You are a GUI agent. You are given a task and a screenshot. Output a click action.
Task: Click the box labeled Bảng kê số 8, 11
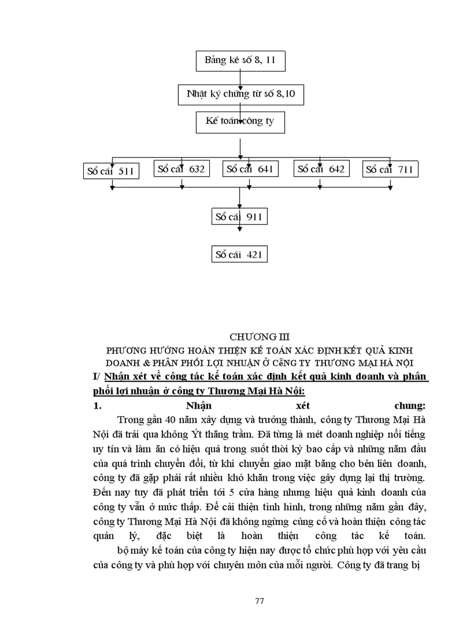[240, 60]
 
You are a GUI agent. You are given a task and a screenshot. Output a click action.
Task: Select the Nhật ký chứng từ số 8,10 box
[240, 93]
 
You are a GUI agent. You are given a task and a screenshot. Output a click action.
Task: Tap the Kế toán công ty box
[240, 121]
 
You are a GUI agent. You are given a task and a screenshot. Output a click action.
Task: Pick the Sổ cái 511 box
[110, 171]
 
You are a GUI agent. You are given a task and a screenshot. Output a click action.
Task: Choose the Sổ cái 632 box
[181, 168]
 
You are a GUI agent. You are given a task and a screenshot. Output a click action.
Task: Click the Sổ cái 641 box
[251, 168]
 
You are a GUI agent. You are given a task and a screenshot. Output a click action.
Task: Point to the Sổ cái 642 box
[321, 168]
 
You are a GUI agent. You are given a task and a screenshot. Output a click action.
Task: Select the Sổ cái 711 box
[390, 169]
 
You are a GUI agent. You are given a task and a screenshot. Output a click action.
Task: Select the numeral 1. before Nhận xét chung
[96, 405]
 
